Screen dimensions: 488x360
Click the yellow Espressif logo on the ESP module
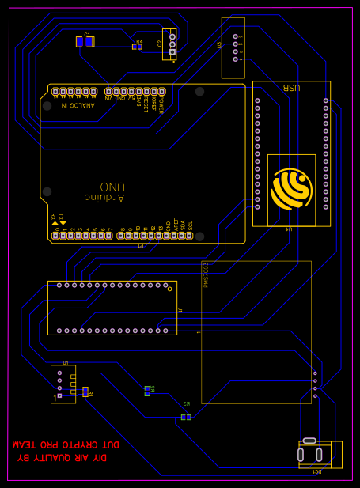click(x=292, y=187)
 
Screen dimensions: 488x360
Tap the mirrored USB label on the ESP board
click(x=291, y=89)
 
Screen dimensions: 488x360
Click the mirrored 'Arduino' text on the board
click(x=104, y=196)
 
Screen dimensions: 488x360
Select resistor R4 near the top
click(x=137, y=46)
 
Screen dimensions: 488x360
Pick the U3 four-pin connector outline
click(x=233, y=47)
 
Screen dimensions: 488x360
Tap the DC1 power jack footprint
click(x=320, y=454)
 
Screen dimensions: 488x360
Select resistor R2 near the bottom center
click(x=186, y=416)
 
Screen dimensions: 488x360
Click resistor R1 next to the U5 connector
click(x=85, y=391)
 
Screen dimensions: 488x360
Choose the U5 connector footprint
click(x=63, y=384)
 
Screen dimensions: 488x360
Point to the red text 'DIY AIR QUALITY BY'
click(x=62, y=458)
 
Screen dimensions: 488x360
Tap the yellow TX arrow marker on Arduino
click(x=63, y=223)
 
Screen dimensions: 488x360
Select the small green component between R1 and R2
click(x=147, y=390)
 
